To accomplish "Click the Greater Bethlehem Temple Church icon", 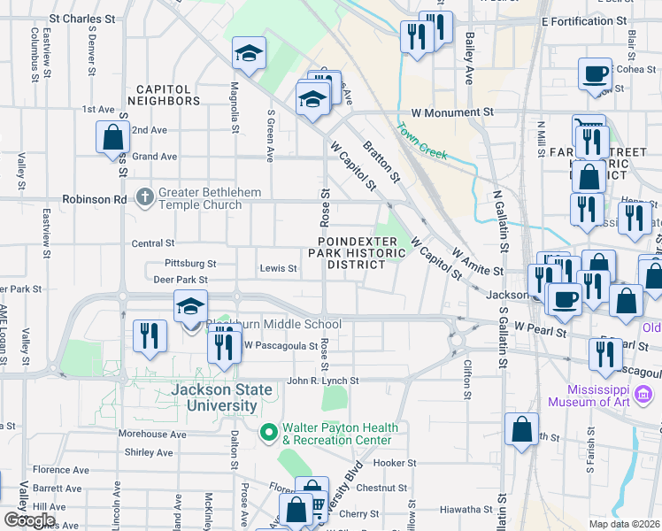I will pyautogui.click(x=145, y=196).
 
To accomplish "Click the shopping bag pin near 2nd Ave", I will pyautogui.click(x=112, y=137).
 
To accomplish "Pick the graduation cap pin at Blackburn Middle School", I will pyautogui.click(x=190, y=306).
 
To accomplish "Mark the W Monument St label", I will pyautogui.click(x=452, y=112).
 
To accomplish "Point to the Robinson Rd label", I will pyautogui.click(x=94, y=199).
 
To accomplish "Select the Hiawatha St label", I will pyautogui.click(x=466, y=509).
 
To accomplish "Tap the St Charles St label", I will pyautogui.click(x=82, y=18).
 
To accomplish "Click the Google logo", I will pyautogui.click(x=29, y=520).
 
